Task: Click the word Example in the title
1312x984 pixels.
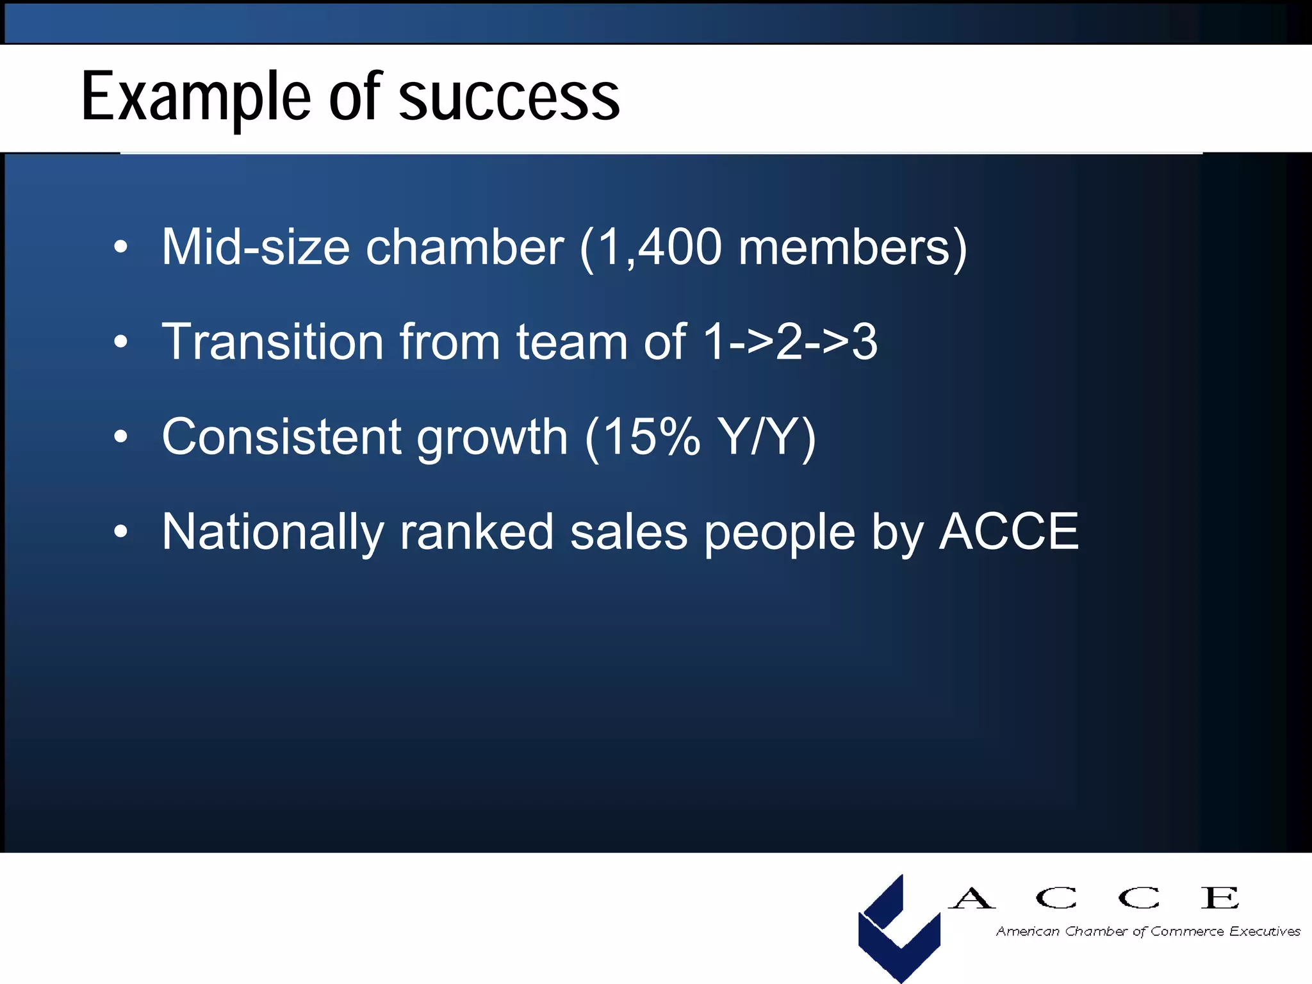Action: [x=196, y=98]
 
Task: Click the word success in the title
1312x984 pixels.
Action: [x=509, y=98]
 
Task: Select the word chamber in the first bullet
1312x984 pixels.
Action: [x=464, y=247]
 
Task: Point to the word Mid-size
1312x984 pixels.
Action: [x=256, y=247]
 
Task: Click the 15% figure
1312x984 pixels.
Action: [x=650, y=437]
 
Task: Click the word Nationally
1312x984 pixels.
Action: [x=272, y=532]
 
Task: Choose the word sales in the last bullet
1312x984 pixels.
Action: [x=628, y=532]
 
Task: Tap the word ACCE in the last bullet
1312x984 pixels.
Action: [x=1009, y=532]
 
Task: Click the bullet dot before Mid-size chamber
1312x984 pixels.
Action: [x=120, y=247]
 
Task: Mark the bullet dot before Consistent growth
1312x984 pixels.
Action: [x=120, y=437]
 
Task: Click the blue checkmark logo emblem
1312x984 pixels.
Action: [x=899, y=929]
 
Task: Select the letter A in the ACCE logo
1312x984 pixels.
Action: [x=971, y=898]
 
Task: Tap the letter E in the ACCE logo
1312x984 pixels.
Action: [x=1220, y=898]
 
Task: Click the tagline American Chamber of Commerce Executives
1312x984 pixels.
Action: [x=1148, y=931]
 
